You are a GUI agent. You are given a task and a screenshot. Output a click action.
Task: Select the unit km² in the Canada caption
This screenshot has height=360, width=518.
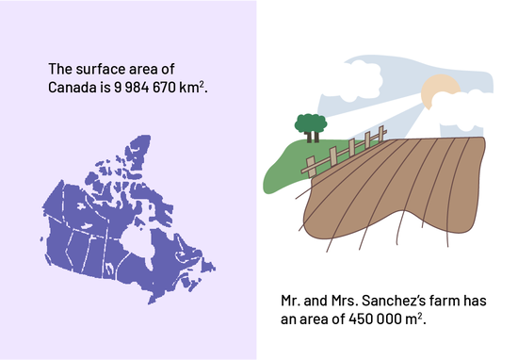[x=191, y=87]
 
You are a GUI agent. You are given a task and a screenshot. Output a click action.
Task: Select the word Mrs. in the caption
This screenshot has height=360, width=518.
[x=345, y=301]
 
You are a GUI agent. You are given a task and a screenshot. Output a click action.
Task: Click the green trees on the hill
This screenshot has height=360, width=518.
[x=311, y=124]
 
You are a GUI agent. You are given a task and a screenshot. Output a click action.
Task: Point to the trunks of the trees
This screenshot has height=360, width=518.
[x=313, y=137]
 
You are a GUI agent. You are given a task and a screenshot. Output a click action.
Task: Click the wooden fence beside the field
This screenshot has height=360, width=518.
[x=344, y=152]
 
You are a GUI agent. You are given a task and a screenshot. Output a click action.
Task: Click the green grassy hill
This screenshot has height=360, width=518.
[x=291, y=165]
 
